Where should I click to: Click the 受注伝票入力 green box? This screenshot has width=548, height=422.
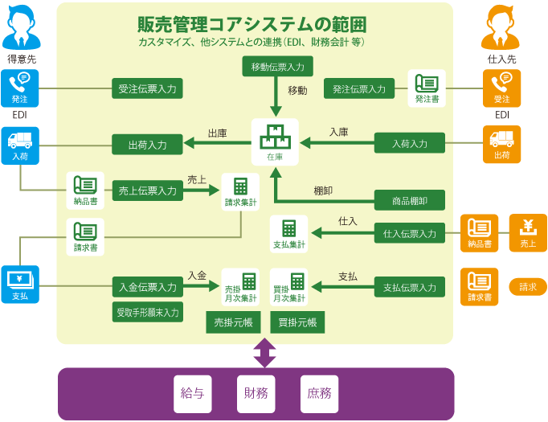click(x=147, y=88)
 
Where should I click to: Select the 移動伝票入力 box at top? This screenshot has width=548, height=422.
click(x=277, y=67)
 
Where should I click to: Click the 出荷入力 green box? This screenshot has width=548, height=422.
click(x=147, y=145)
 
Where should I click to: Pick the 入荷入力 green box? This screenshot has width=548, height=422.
click(x=410, y=144)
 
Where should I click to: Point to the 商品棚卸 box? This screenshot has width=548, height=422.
click(x=410, y=200)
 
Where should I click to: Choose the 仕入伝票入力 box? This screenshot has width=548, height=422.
click(x=410, y=233)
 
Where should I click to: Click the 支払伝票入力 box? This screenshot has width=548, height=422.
click(x=410, y=287)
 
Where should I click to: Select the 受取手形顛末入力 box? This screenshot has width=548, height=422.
click(x=147, y=311)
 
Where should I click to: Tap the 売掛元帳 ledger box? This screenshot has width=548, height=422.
click(x=233, y=322)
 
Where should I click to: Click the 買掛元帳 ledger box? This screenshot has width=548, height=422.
click(x=297, y=322)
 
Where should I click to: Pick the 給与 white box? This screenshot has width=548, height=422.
click(x=192, y=393)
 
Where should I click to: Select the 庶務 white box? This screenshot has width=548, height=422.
click(x=319, y=393)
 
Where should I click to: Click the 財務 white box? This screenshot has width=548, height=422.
click(x=256, y=393)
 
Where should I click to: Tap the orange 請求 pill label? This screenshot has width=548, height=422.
click(x=528, y=286)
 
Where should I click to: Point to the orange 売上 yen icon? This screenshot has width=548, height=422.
click(x=528, y=232)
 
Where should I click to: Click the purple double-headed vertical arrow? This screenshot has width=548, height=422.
click(x=264, y=352)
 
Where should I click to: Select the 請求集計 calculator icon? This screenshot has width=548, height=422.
click(x=240, y=191)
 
